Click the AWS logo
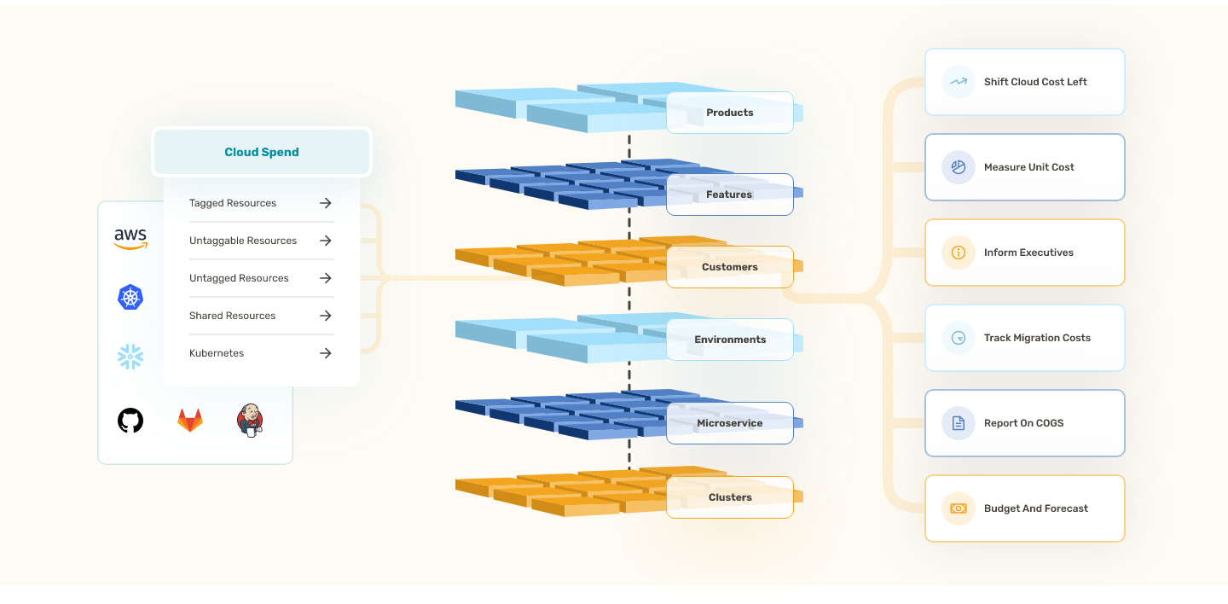(130, 239)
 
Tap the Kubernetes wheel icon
(130, 297)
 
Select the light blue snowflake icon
(130, 357)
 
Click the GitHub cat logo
(130, 420)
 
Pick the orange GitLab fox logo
(190, 420)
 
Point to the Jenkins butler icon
(250, 420)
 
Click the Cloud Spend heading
(262, 153)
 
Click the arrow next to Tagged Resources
(325, 203)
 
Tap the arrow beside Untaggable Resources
(325, 241)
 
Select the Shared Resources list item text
(232, 316)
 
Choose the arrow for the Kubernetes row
(325, 353)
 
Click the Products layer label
(730, 113)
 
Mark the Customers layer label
(730, 267)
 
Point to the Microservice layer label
(730, 423)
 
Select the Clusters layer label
(730, 497)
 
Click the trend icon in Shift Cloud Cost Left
(959, 82)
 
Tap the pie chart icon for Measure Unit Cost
(959, 167)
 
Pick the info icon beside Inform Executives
(959, 253)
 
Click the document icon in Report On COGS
(959, 423)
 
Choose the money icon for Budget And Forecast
(959, 508)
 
